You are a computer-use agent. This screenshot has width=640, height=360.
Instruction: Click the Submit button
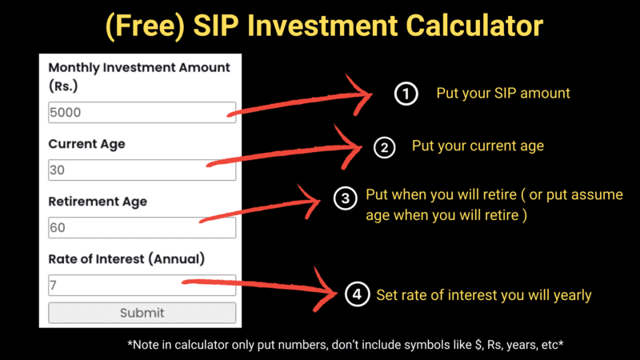142,313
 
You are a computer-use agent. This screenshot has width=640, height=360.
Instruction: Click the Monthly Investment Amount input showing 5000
142,113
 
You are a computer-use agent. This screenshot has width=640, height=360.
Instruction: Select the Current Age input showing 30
142,170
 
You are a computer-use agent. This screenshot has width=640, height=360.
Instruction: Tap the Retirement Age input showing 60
142,228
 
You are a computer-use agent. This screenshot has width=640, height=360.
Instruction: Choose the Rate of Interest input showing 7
142,285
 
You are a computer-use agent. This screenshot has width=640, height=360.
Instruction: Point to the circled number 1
406,94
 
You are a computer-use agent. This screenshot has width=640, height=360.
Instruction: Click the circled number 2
385,147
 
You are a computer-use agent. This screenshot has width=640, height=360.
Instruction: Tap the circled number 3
344,198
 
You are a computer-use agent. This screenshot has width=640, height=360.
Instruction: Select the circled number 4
356,295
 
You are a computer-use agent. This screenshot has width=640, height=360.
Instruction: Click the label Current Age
86,145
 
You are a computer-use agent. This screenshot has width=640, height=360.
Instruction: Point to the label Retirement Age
98,202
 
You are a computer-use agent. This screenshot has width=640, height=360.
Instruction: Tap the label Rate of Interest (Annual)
126,258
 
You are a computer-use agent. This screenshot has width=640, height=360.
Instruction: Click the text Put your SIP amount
502,94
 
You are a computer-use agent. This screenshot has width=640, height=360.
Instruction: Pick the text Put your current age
478,146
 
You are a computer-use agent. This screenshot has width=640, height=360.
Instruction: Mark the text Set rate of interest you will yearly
483,295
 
